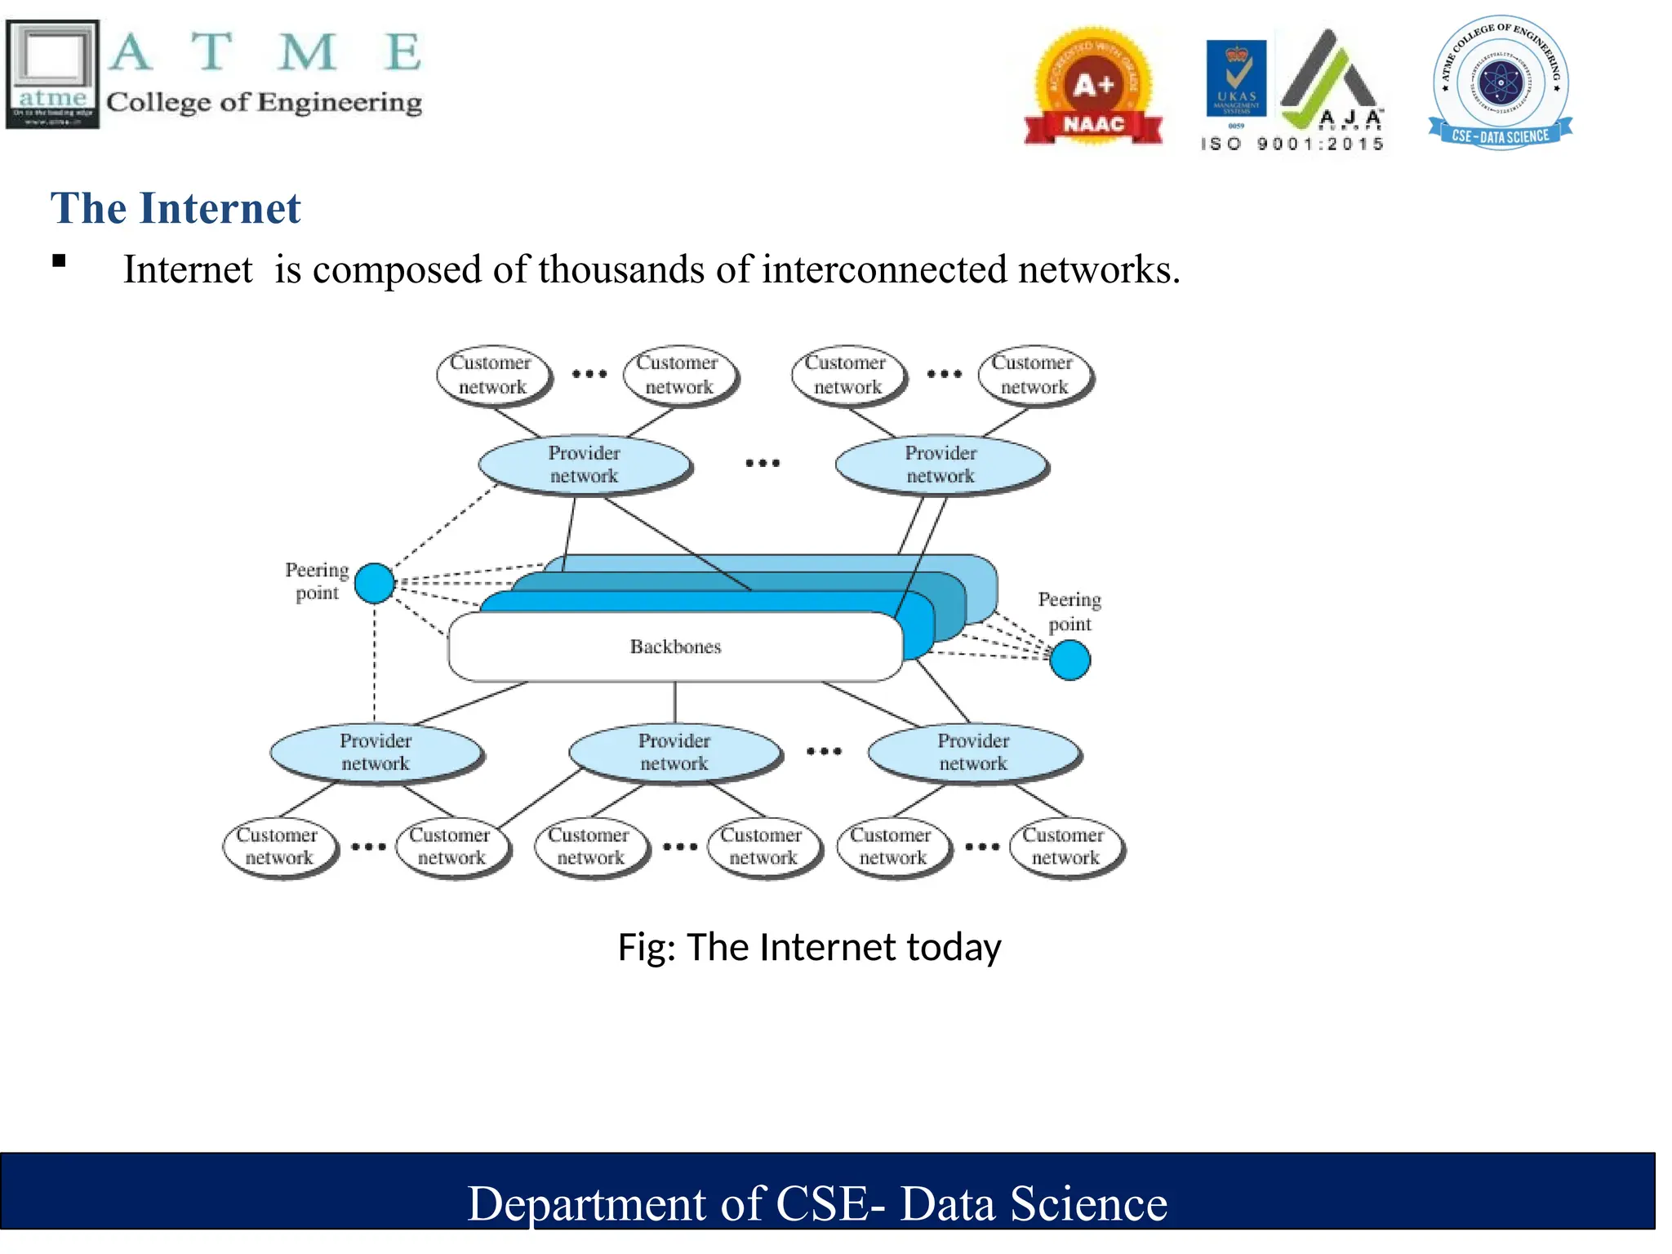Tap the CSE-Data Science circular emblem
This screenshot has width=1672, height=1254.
tap(1500, 82)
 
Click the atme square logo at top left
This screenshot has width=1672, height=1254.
tap(52, 73)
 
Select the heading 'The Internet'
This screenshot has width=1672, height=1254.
tap(176, 208)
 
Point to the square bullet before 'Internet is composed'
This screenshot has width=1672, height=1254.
tap(59, 261)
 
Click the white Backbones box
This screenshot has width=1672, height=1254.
tap(674, 647)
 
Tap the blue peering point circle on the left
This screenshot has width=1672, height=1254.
tap(375, 583)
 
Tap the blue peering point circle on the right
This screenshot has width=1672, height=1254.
tap(1069, 660)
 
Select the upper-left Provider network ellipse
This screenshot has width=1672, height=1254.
tap(584, 465)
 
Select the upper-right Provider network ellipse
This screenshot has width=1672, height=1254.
tap(940, 465)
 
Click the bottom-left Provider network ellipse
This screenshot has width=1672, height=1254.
tap(376, 752)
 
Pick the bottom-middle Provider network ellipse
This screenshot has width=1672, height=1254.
tap(674, 752)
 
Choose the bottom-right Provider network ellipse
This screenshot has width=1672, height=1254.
tap(973, 752)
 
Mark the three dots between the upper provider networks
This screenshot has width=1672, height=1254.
tap(763, 463)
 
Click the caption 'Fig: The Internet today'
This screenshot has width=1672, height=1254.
tap(809, 947)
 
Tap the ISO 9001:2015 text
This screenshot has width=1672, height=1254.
tap(1292, 145)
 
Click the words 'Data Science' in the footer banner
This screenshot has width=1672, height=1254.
tap(1033, 1203)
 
